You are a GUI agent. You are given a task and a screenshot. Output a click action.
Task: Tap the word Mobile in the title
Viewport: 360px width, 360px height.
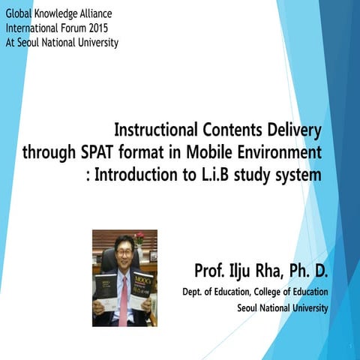coord(212,154)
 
